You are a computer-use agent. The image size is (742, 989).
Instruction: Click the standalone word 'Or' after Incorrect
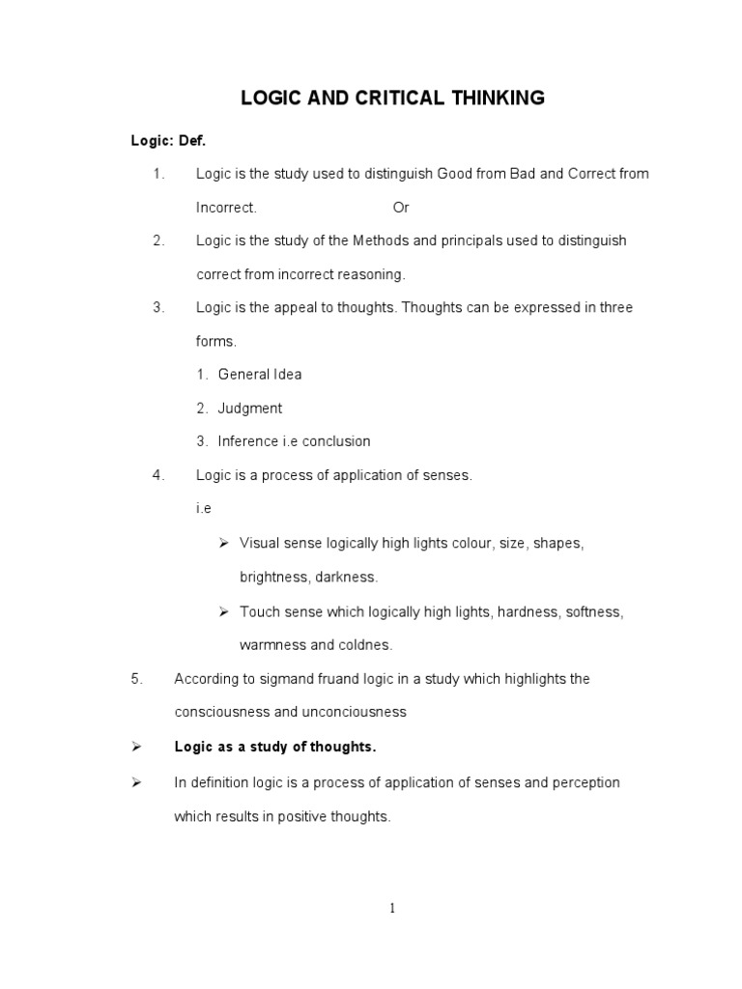(401, 208)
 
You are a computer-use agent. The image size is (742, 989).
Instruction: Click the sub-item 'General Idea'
(260, 375)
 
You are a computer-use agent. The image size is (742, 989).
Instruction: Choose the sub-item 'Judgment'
(250, 409)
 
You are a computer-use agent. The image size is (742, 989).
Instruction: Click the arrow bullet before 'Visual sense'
(222, 543)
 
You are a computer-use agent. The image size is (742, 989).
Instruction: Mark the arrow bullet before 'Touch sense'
(222, 611)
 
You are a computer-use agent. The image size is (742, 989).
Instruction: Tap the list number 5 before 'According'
(136, 679)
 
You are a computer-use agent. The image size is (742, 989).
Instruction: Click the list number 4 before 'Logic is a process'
(158, 475)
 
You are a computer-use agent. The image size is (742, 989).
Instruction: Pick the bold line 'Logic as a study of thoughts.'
(274, 747)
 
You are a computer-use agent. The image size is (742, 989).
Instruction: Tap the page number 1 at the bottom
(392, 907)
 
